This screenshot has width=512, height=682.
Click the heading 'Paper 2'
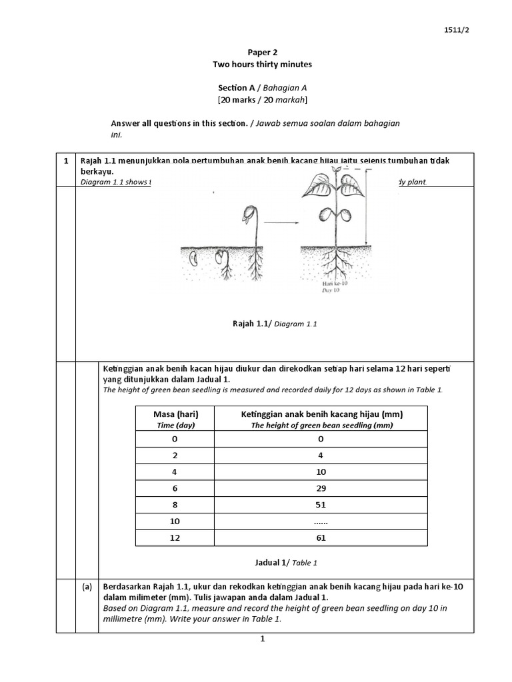pos(262,51)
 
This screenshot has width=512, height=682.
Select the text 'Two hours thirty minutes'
pos(262,65)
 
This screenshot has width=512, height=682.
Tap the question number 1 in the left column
pos(66,161)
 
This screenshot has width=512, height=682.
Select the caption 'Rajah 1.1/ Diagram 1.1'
pos(274,324)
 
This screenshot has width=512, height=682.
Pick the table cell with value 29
pos(321,488)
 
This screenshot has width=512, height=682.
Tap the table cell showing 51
pos(321,505)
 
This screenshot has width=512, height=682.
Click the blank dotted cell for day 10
pos(321,521)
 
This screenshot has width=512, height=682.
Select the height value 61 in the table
pos(321,538)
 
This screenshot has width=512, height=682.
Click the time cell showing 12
pos(175,538)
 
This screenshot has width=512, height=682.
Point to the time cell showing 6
pos(175,488)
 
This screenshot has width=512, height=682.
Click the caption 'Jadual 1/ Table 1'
pos(286,563)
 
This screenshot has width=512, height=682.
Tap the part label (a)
pos(87,587)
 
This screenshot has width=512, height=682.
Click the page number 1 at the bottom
pos(263,639)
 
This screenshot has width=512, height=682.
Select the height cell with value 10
pos(321,472)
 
